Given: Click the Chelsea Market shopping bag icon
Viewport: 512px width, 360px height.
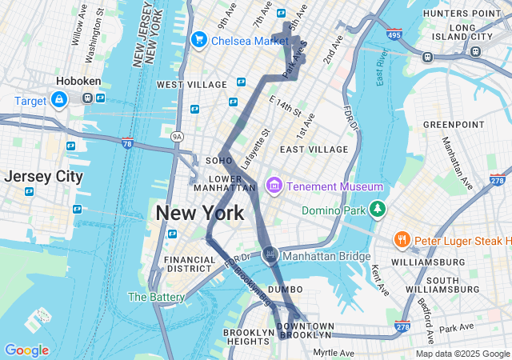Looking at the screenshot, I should pos(198,39).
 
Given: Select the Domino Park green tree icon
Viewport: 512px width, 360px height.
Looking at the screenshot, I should pos(378,210).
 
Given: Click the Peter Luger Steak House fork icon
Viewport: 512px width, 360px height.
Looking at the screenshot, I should pos(402,239).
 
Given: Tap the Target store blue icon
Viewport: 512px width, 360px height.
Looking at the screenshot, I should pos(58,100).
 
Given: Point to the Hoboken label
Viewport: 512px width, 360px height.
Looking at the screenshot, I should pos(78,81).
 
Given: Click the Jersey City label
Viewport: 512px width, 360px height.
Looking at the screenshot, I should pos(43,176).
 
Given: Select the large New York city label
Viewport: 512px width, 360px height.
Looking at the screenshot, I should pos(199,214).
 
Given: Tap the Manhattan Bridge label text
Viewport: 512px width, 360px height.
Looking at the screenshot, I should pos(328,256).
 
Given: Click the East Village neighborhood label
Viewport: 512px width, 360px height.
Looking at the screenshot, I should pos(314,150).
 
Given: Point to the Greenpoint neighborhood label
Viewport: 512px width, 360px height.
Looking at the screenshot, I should pos(453,125).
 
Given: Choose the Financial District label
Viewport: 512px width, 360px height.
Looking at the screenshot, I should pos(190,264).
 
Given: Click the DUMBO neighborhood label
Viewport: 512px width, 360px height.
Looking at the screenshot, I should pos(285,289).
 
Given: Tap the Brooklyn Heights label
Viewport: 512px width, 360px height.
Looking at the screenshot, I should pos(248,337).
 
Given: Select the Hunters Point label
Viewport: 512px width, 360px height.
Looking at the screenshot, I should pos(461,14).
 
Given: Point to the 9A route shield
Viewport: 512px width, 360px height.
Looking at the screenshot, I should pos(177,137).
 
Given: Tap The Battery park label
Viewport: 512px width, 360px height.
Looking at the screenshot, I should pos(156,297).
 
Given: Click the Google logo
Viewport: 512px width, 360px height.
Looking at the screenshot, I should pos(26,350).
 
